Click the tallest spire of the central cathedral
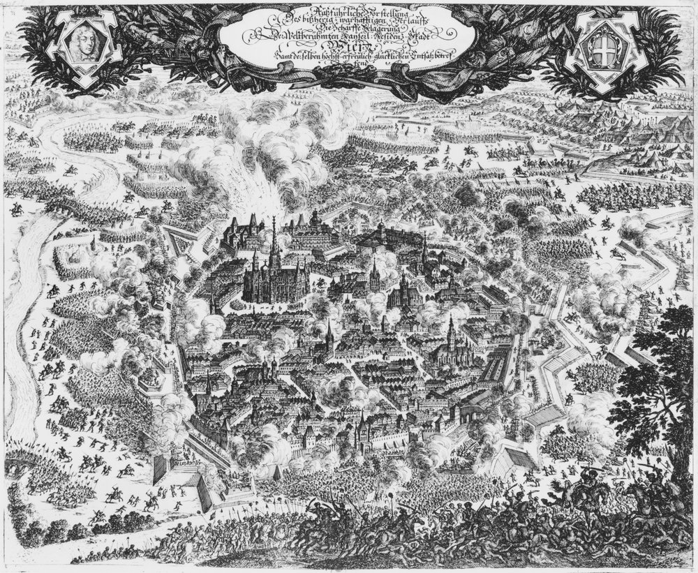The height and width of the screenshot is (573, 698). pos(274,237)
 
